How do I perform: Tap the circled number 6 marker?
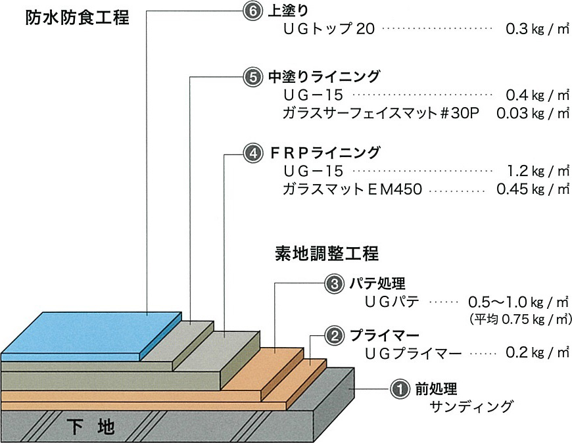pos(249,12)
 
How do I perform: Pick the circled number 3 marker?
pos(333,284)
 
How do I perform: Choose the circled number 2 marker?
pos(334,335)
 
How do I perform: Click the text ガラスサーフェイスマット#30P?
pos(381,113)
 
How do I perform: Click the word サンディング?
pos(470,407)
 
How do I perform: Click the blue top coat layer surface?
pos(92,332)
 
